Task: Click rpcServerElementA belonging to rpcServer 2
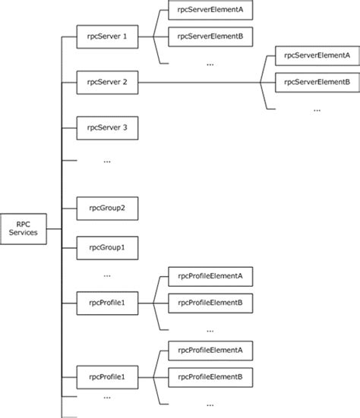click(314, 55)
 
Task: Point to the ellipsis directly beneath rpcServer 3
click(106, 161)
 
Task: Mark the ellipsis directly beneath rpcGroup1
click(106, 275)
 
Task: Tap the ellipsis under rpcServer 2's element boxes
click(317, 110)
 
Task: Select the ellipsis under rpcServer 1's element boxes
click(210, 64)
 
